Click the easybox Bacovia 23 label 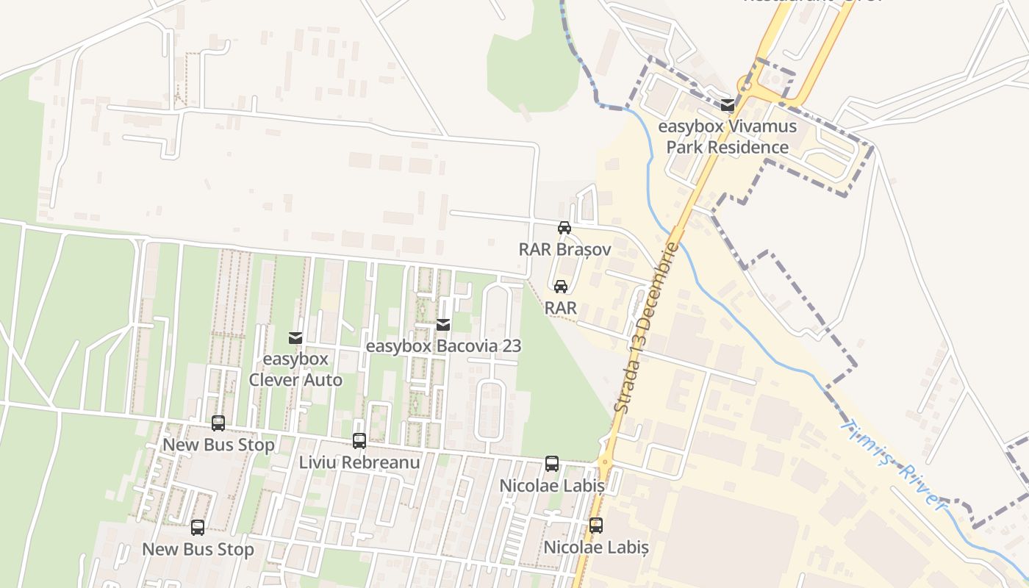pos(443,345)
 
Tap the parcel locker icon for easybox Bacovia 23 pos(443,325)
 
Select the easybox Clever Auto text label pos(295,370)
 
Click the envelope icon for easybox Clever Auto pos(295,338)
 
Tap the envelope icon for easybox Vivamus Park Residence pos(728,105)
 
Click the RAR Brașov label pos(564,249)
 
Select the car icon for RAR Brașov pos(564,228)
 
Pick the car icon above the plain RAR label pos(561,287)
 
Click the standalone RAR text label pos(561,308)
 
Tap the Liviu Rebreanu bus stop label pos(359,462)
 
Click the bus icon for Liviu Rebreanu pos(359,441)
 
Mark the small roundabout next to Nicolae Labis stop pos(604,462)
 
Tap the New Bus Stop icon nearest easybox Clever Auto pos(218,423)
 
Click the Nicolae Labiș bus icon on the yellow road pos(596,526)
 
